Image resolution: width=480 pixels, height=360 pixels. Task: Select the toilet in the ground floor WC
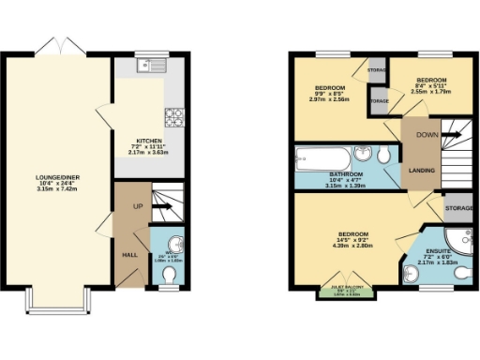tap(169, 274)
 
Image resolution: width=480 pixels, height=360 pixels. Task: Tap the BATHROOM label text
tap(347, 174)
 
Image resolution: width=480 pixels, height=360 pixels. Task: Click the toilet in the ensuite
tap(415, 272)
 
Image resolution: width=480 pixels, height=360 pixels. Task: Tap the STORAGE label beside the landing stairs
tap(459, 207)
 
